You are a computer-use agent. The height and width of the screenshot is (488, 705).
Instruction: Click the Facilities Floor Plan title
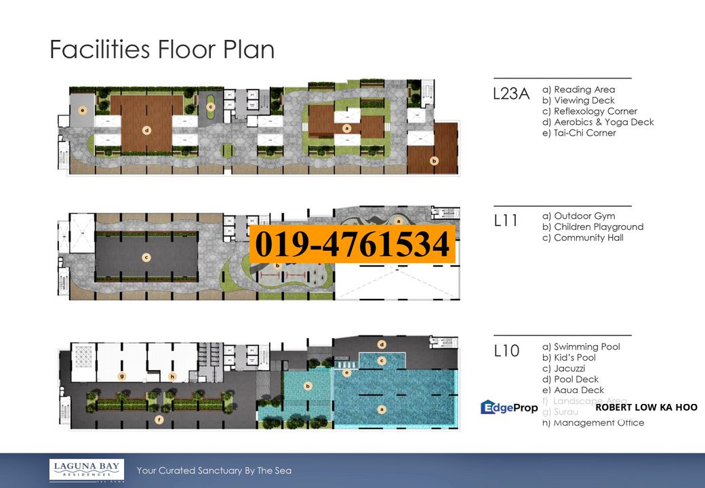click(x=162, y=50)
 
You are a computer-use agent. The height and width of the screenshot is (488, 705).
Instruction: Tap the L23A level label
click(x=510, y=95)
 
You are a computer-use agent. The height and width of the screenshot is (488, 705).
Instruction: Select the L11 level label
click(x=506, y=222)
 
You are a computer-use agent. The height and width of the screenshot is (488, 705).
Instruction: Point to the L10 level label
click(x=506, y=351)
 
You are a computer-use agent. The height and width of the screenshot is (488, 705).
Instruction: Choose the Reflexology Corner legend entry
click(x=589, y=111)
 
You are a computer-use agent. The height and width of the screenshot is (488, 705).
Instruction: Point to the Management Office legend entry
click(x=593, y=423)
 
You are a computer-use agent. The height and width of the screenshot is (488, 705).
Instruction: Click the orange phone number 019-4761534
click(x=351, y=244)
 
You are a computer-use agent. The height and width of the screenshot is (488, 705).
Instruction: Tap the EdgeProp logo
click(x=509, y=407)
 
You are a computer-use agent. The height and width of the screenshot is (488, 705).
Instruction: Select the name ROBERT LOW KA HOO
click(x=645, y=407)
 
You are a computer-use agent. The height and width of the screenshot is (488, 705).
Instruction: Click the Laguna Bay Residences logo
click(x=86, y=470)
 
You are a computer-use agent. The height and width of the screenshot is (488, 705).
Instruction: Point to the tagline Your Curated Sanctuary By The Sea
click(x=214, y=470)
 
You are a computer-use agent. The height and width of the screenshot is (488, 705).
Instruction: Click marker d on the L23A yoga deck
click(x=146, y=129)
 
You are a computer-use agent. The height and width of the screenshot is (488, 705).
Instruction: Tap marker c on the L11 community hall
click(x=146, y=257)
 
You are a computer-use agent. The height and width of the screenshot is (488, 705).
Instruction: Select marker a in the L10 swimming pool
click(x=380, y=409)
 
